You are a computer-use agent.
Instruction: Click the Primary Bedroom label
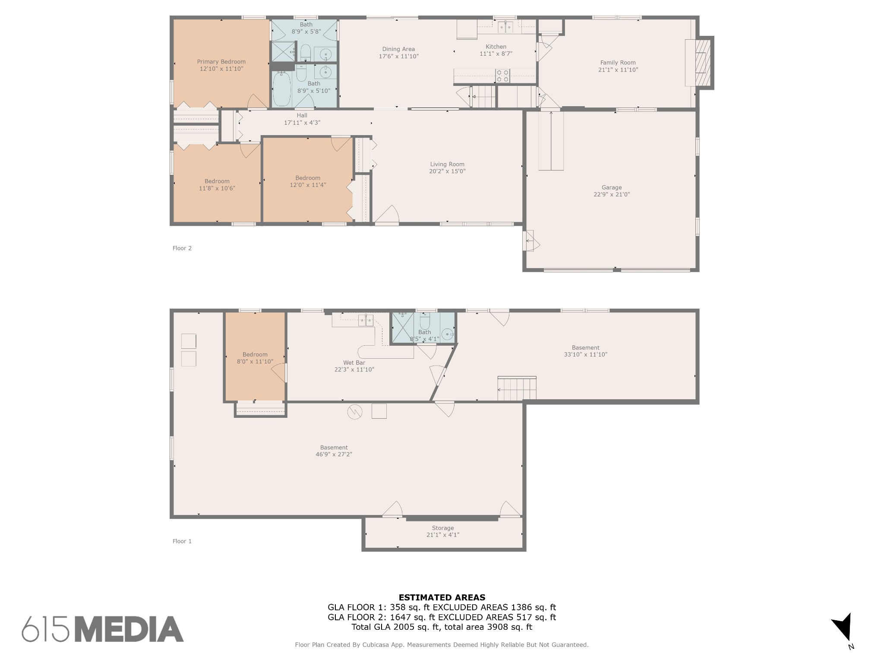coord(221,62)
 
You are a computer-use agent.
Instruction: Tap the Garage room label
coord(612,187)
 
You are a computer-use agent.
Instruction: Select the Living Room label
coord(447,164)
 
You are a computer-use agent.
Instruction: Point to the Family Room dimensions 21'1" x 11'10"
coord(618,69)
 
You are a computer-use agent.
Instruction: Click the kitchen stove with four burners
coord(502,76)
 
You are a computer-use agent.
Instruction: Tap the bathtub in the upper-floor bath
coord(281,89)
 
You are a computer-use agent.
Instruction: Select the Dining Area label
coord(398,49)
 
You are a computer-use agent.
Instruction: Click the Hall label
coord(302,115)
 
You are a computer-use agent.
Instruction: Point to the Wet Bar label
coord(354,363)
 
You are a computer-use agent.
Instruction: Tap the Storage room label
coord(443,528)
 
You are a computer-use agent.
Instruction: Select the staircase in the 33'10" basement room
coord(517,388)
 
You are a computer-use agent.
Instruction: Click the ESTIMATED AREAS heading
coord(442,597)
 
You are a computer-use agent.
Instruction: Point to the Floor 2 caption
coord(182,248)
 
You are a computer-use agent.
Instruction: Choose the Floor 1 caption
coord(182,541)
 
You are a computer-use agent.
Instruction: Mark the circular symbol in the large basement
coord(355,412)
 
